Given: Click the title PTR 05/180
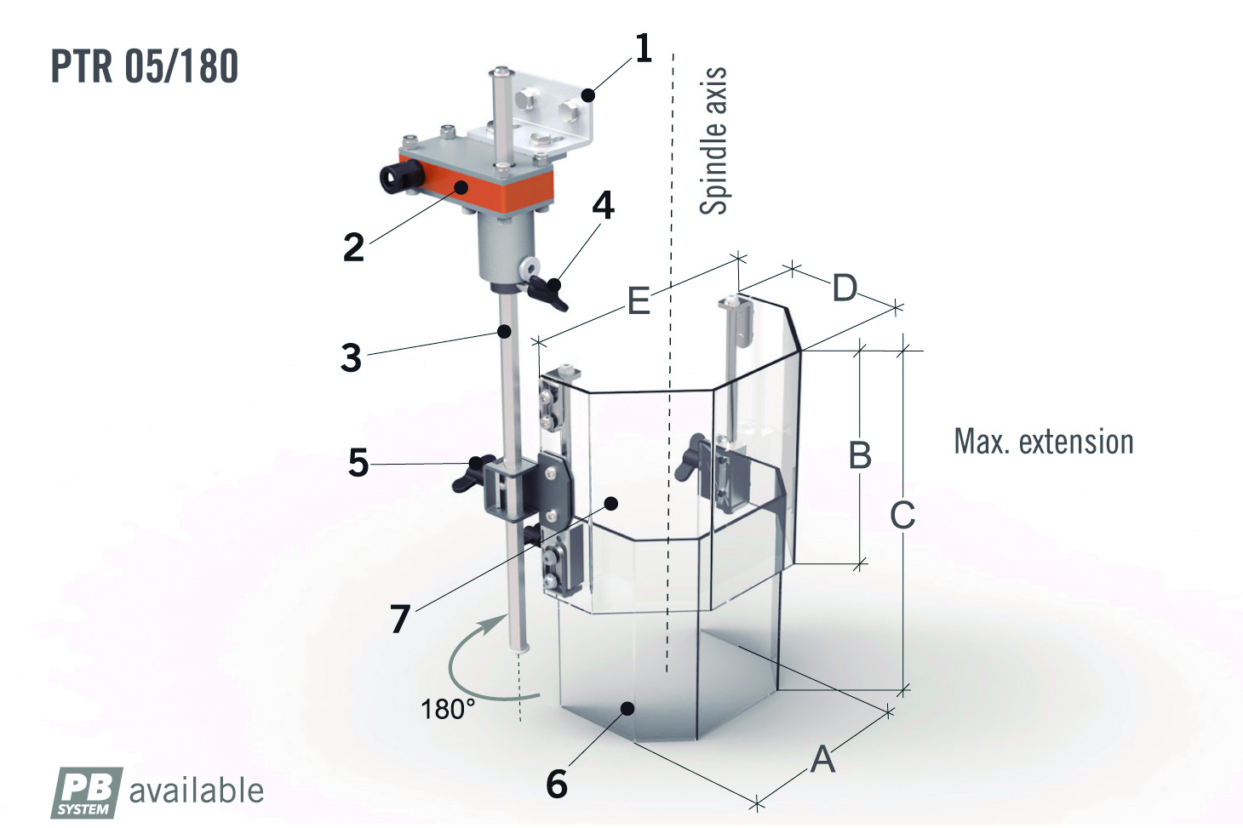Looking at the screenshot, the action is click(144, 66).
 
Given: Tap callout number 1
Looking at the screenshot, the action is click(643, 48).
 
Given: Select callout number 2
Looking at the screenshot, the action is click(354, 248).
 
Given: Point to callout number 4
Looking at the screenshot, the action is click(603, 205).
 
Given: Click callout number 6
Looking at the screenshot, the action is click(557, 784).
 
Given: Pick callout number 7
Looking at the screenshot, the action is click(400, 619).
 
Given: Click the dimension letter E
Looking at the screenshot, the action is click(639, 300).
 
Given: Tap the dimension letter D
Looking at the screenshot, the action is click(845, 288).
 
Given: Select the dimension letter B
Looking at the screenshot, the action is click(860, 454).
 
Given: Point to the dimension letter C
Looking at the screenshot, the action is click(902, 515).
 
